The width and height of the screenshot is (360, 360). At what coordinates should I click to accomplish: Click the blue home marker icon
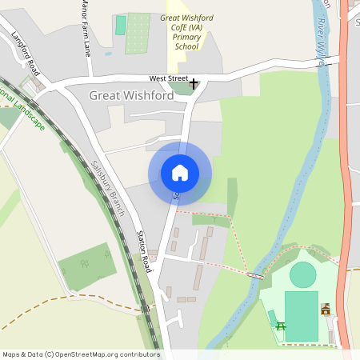(x=179, y=172)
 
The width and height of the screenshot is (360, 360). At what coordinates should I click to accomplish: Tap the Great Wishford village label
(x=131, y=95)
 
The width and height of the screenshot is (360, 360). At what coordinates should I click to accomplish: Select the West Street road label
(x=168, y=78)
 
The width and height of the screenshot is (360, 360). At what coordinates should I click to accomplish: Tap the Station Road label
(x=142, y=249)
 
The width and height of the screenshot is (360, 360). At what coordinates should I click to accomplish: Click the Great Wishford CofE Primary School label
(x=186, y=31)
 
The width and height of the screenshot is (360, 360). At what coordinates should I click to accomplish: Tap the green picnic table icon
(x=281, y=326)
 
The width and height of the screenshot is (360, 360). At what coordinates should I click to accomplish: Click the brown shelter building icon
(x=326, y=309)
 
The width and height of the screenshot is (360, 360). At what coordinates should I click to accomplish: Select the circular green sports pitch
(x=303, y=275)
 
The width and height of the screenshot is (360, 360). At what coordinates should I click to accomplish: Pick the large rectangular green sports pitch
(x=301, y=315)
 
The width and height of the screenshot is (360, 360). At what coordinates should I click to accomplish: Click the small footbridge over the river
(x=255, y=275)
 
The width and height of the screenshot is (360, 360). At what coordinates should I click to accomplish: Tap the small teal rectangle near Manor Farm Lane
(x=121, y=25)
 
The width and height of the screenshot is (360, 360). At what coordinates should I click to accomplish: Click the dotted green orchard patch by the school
(x=138, y=33)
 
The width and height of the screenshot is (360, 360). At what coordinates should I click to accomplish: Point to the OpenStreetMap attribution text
(x=80, y=354)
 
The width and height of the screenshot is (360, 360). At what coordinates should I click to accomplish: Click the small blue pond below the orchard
(x=108, y=54)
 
